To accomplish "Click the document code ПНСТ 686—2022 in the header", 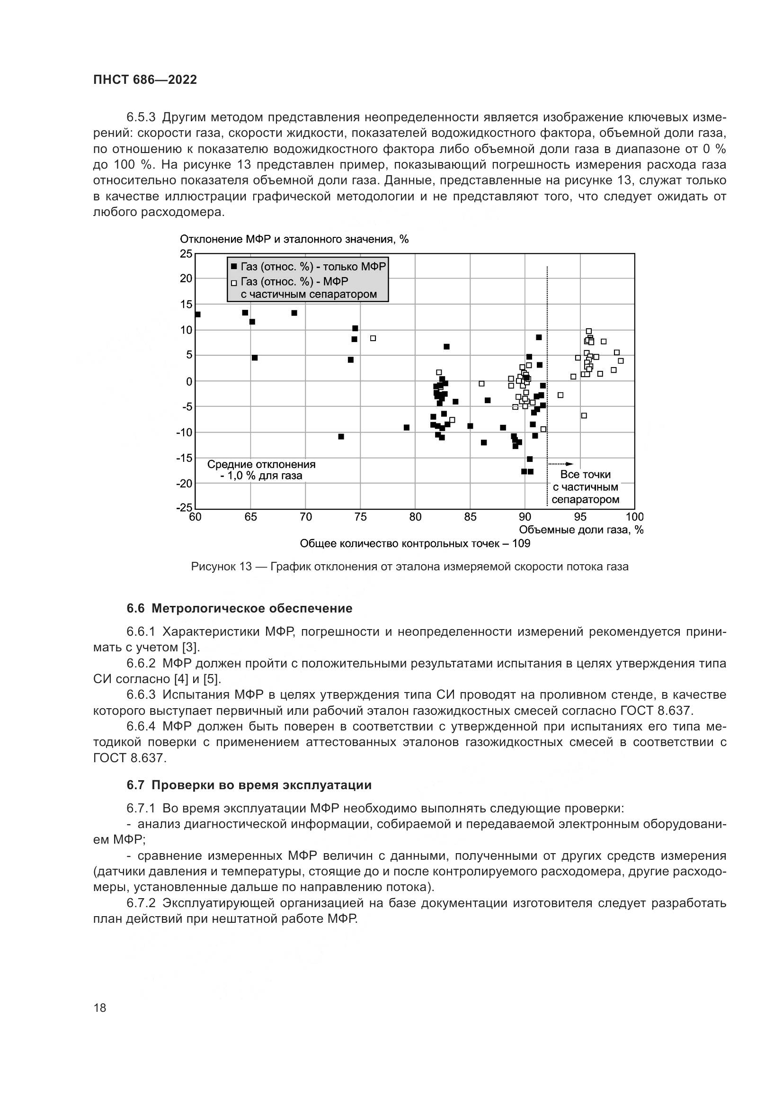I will (x=145, y=80).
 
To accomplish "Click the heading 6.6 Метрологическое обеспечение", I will (x=239, y=609).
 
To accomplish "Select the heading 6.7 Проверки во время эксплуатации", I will (x=249, y=785).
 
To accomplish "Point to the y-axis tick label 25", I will (x=186, y=254).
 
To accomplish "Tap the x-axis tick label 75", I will (x=360, y=517).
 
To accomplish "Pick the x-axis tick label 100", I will (x=634, y=517).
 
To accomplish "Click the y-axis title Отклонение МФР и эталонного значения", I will (x=294, y=239).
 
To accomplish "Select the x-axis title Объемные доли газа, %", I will (x=581, y=530).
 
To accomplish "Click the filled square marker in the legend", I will (x=234, y=267).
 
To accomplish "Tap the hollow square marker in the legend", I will (x=234, y=283).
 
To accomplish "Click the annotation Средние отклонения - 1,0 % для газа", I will (x=261, y=470).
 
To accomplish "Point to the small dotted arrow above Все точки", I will (x=561, y=464).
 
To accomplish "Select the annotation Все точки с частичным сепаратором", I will (x=585, y=487).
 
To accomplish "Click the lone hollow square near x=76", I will (x=373, y=338).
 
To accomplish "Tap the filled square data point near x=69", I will (x=294, y=313).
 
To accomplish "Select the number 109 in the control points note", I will (x=521, y=544).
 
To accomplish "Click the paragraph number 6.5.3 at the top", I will (x=141, y=117).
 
